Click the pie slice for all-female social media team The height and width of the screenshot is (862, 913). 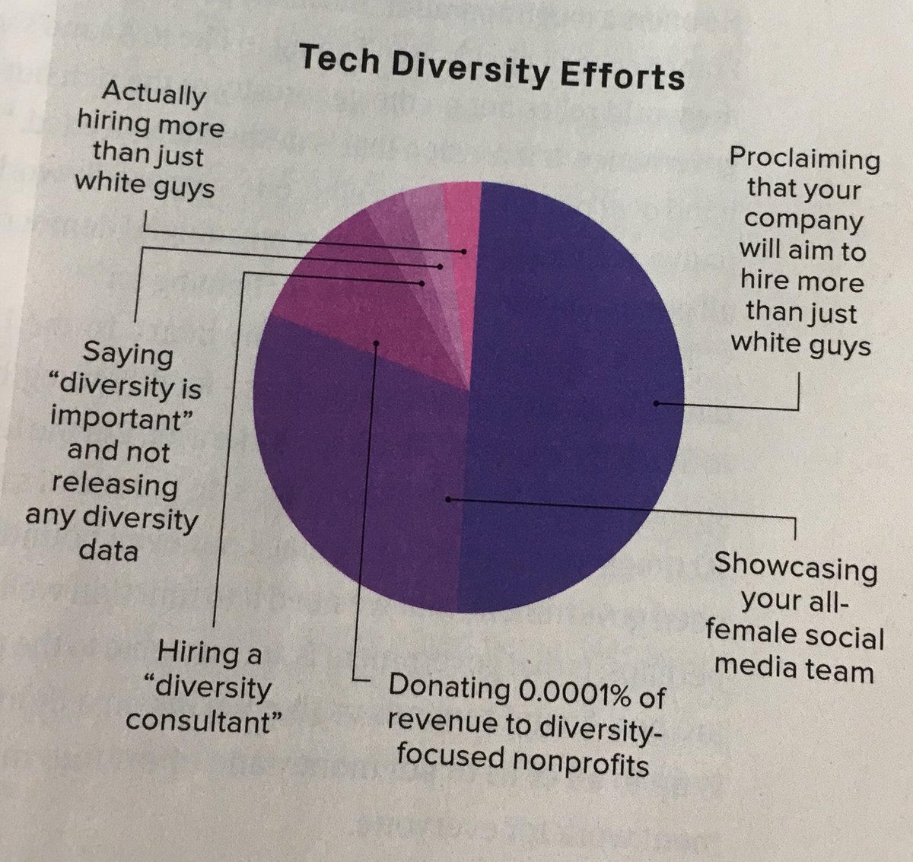click(358, 487)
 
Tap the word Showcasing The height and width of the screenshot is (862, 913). click(795, 566)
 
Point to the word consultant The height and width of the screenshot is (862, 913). click(199, 720)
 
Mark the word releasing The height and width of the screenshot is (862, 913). click(114, 484)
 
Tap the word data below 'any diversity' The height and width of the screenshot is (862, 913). click(109, 549)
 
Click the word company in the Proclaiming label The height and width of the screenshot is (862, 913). click(803, 220)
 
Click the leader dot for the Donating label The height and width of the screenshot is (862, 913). click(376, 344)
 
